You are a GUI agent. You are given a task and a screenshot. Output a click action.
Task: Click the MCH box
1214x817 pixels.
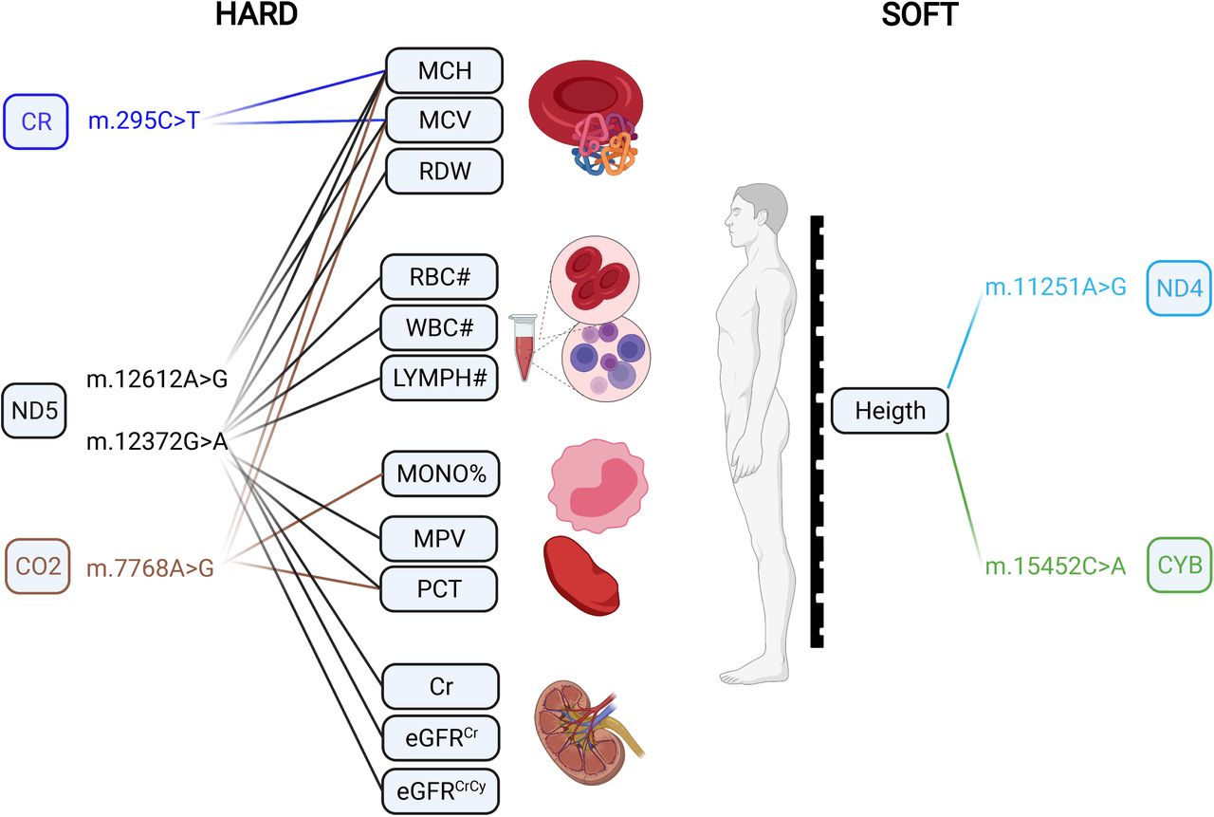[445, 70]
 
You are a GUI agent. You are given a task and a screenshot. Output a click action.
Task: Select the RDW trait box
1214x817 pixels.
[445, 172]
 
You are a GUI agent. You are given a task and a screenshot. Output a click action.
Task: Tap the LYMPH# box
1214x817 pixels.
[439, 379]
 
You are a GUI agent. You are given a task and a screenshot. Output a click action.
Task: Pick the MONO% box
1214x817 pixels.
[441, 473]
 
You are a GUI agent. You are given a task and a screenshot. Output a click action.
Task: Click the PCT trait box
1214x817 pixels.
[439, 589]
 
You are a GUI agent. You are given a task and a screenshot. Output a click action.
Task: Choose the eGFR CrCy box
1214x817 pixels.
[441, 791]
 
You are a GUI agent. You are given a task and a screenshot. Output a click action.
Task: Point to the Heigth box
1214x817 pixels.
[890, 410]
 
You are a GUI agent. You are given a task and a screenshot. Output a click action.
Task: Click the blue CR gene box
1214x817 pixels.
[36, 121]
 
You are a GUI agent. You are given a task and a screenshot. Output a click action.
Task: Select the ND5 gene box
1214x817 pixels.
[34, 411]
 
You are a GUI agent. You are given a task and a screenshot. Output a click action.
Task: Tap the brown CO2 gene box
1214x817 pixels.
[38, 566]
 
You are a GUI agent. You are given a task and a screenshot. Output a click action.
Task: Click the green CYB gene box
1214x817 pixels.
[1179, 565]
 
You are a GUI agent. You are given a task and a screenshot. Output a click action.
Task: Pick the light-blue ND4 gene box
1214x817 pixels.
[1179, 288]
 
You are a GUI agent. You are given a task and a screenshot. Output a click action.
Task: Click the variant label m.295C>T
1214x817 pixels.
[144, 121]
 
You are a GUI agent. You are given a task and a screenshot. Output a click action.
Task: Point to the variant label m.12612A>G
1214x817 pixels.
[157, 379]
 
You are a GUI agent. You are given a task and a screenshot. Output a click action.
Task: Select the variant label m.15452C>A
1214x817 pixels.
[1056, 566]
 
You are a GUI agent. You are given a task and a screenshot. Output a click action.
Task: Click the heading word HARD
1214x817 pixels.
[256, 14]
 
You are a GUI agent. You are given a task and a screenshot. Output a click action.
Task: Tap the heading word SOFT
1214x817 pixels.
[920, 14]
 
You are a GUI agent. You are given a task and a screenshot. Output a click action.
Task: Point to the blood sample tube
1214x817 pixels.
[524, 347]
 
